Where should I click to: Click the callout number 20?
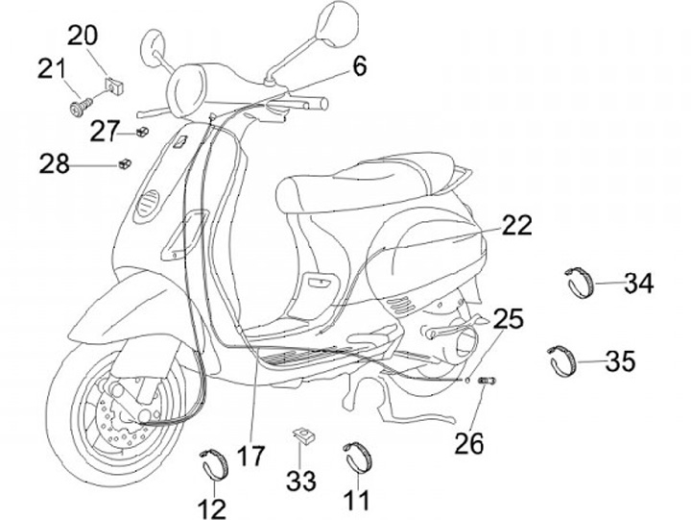[x=83, y=37]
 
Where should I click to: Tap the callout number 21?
[x=52, y=70]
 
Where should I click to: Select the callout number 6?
[x=359, y=67]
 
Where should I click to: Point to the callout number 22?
[x=516, y=226]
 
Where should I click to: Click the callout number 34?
[x=638, y=284]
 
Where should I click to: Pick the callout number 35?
[x=621, y=362]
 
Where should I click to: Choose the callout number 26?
[x=469, y=444]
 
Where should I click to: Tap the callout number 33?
[x=301, y=480]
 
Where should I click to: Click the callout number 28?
[x=55, y=164]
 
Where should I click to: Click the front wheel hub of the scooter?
[x=122, y=418]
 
